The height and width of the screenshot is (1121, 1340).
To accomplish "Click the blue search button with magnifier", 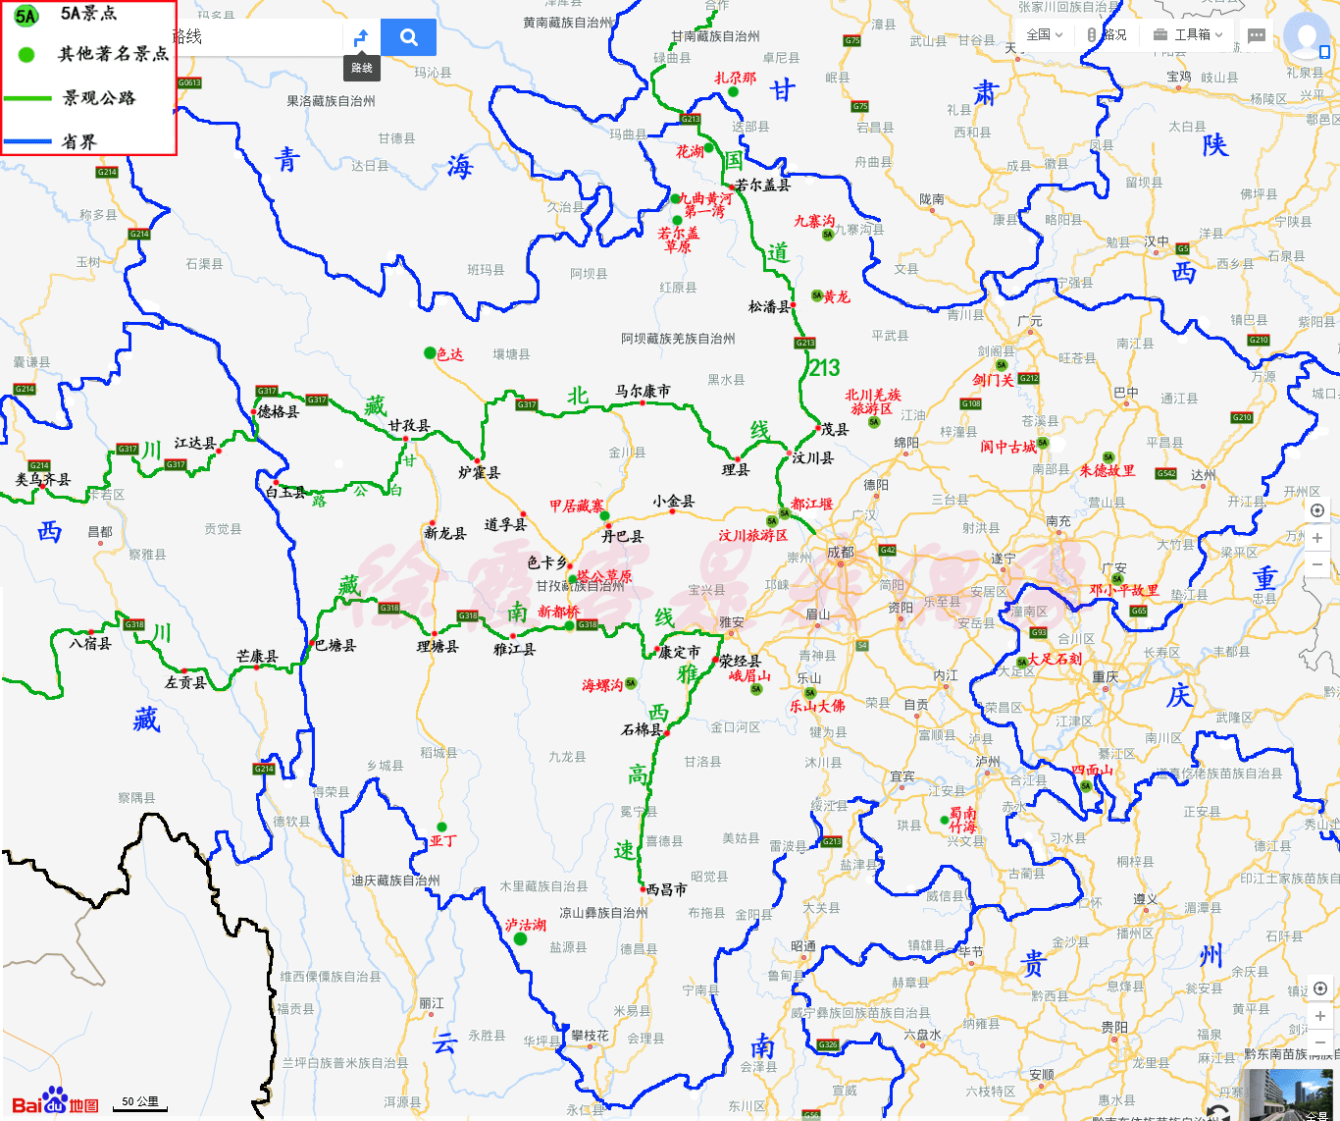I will click(x=408, y=37).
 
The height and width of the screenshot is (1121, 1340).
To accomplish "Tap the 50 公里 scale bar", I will click(x=140, y=1102).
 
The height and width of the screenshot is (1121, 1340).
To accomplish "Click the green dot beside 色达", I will click(x=430, y=352).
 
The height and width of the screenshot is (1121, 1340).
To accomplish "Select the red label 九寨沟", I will click(x=813, y=221).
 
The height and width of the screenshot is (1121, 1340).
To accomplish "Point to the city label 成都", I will click(x=841, y=552).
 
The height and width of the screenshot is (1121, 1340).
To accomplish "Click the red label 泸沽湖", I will click(x=526, y=925).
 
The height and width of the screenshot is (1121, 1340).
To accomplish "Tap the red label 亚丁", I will click(x=443, y=841).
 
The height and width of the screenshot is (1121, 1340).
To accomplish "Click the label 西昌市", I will click(x=667, y=889).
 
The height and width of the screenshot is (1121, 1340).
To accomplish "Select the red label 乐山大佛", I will click(x=817, y=706).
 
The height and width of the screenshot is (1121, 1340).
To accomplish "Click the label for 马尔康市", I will click(x=643, y=391).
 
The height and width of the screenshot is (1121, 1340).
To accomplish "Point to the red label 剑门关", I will click(x=993, y=380).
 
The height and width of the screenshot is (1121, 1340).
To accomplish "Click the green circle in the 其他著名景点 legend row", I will click(x=26, y=55).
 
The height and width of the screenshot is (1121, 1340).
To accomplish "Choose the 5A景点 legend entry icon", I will click(x=26, y=15).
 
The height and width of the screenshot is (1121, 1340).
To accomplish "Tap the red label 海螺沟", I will click(x=602, y=685).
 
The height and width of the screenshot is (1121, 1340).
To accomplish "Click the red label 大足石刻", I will click(x=1055, y=659).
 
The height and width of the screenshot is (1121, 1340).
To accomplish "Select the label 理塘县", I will click(x=438, y=646).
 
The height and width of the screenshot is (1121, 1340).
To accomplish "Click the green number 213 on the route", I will click(x=824, y=368).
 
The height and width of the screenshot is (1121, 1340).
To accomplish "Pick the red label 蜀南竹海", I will click(x=962, y=821).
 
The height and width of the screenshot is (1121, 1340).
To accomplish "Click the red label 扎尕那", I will click(x=735, y=78).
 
